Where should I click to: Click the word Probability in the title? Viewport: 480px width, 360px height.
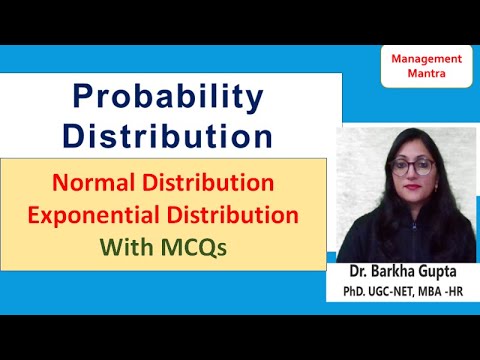click(168, 97)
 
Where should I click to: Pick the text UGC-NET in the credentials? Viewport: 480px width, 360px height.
click(391, 294)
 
